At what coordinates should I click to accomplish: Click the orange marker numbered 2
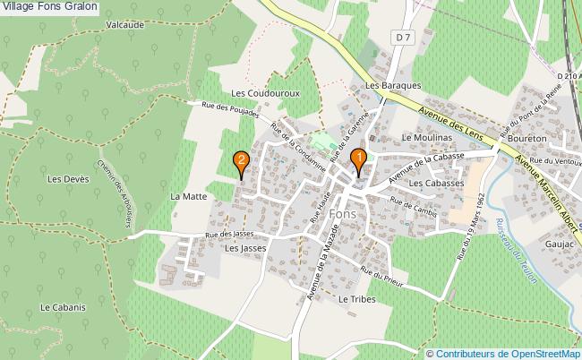241,162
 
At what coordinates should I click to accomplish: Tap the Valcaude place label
124,25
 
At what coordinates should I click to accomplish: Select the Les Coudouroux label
264,92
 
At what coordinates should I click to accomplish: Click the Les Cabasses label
436,183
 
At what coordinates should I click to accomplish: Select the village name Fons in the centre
342,215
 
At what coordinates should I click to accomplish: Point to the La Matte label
188,195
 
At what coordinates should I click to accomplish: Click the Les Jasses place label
247,249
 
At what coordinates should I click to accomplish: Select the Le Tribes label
355,298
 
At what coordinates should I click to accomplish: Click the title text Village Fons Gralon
50,7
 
